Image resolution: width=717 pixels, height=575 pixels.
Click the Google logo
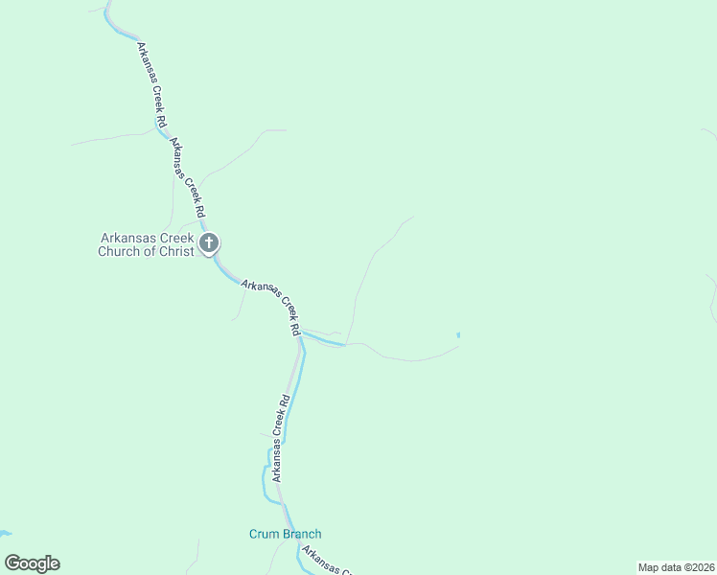32,563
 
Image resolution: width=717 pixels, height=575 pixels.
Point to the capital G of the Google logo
12,563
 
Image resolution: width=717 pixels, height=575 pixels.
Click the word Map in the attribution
649,567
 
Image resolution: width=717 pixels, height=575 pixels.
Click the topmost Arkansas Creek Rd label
152,85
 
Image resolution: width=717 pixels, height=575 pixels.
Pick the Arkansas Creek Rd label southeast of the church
272,306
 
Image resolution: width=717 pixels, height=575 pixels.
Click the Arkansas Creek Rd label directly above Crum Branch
279,440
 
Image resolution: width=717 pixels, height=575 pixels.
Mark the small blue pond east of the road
458,334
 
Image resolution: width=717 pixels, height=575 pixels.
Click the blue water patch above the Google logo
5,533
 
